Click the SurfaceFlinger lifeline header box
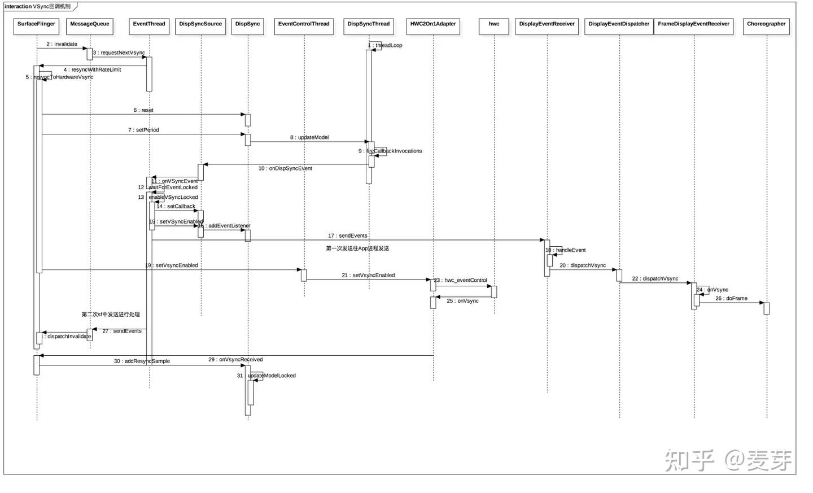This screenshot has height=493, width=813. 36,26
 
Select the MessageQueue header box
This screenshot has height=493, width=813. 90,26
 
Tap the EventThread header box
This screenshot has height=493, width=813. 149,26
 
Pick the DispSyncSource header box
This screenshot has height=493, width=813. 200,26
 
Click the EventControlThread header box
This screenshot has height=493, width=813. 304,26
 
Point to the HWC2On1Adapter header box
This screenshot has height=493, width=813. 433,26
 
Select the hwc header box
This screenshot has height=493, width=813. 494,26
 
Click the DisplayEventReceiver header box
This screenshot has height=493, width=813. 547,26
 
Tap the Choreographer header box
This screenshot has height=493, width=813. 766,26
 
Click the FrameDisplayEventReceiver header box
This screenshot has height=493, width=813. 693,26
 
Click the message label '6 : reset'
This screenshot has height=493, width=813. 143,110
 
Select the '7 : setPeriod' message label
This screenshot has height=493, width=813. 143,130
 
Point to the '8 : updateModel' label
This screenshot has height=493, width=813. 309,137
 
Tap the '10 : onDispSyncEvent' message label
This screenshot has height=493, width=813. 285,168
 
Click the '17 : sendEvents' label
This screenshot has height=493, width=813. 348,235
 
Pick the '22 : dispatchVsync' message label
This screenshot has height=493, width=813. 655,278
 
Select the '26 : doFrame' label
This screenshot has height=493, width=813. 731,298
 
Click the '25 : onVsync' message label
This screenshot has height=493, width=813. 462,301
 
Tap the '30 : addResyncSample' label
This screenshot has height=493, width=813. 142,361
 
